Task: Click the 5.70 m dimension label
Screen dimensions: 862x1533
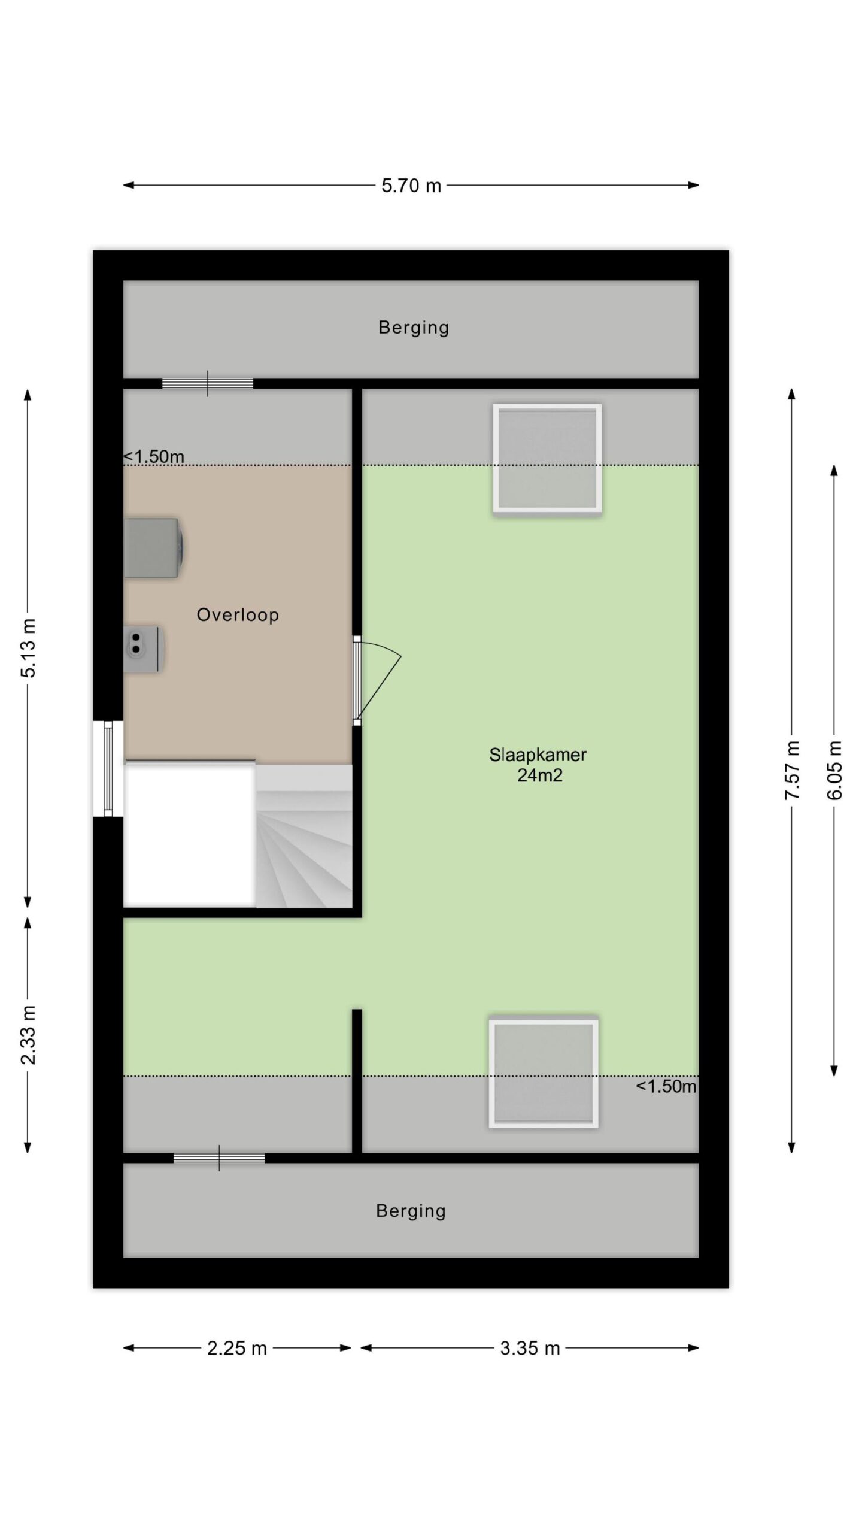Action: (x=411, y=186)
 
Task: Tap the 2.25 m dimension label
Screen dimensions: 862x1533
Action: (x=237, y=1348)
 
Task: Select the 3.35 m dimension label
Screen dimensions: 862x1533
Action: (x=530, y=1348)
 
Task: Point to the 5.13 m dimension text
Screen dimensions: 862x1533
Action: (x=28, y=648)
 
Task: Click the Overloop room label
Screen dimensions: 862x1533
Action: (x=238, y=615)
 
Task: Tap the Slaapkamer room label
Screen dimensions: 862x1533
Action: (x=538, y=755)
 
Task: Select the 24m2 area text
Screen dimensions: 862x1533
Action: (x=540, y=775)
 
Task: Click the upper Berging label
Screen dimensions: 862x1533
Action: (x=414, y=328)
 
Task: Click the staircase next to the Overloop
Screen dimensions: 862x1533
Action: (x=303, y=837)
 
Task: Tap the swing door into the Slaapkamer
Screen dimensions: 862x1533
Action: (x=377, y=680)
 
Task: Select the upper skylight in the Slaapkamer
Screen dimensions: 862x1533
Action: (x=547, y=458)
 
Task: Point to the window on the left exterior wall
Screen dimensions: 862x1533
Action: (x=108, y=768)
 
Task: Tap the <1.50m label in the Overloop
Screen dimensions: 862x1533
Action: (x=154, y=457)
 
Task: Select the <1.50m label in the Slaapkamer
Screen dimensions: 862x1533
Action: (x=666, y=1086)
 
